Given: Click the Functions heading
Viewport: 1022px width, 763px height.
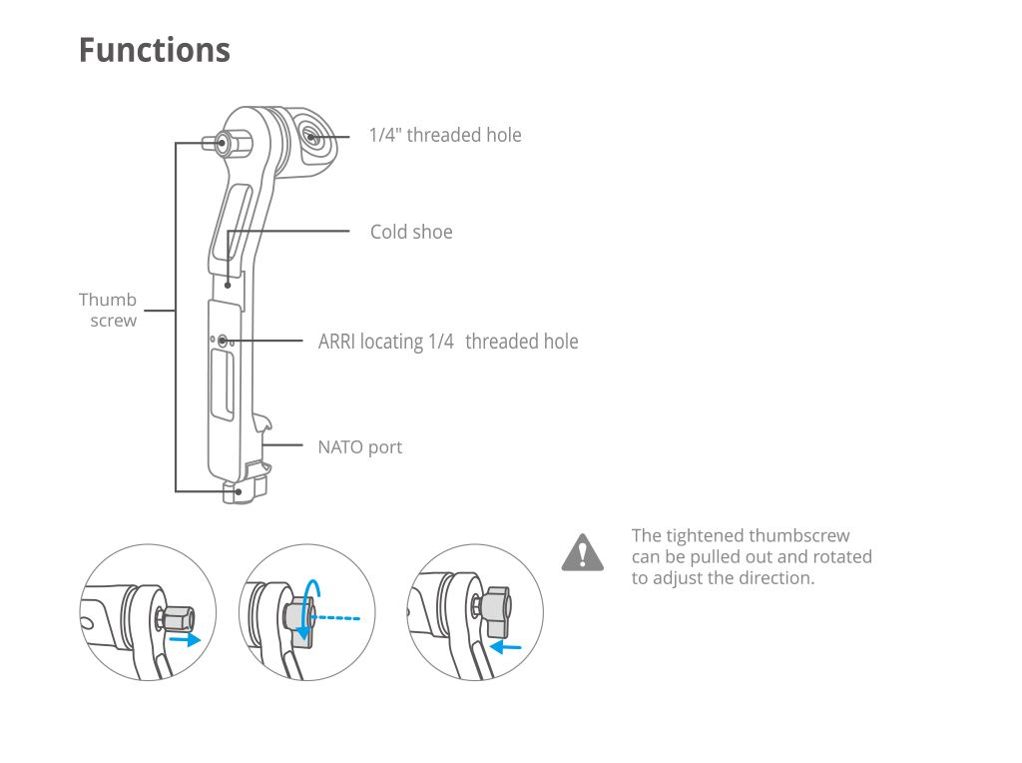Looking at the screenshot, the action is coord(155,50).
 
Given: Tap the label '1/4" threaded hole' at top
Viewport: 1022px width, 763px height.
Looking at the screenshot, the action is coord(445,135).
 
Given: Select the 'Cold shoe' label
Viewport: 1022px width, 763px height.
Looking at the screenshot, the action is coord(411,232).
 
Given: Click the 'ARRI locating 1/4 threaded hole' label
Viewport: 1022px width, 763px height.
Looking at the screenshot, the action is coord(448,342).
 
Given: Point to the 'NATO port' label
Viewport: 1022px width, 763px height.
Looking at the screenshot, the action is coord(359,447).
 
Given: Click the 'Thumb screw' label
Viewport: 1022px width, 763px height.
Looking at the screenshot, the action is coord(108,310).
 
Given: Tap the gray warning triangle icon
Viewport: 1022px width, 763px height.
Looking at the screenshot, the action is coord(583,553).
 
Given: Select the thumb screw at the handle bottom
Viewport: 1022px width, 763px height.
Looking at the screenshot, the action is coord(235,492).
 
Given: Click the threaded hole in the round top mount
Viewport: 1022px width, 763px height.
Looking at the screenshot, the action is coord(310,137).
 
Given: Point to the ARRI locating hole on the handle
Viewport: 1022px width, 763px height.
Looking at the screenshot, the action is coord(223,341).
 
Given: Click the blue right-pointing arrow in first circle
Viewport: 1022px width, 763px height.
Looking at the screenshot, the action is coord(185,639).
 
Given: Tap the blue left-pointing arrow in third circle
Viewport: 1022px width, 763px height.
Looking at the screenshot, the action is coord(505,647).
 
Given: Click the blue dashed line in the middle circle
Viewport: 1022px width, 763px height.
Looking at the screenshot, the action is coord(335,617).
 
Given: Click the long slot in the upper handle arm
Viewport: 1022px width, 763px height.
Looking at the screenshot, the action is coord(231,222).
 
